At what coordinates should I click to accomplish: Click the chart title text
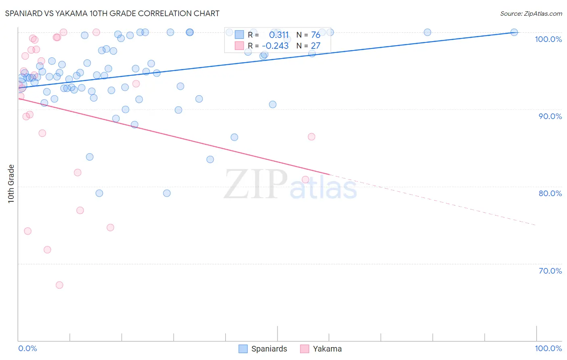[112, 13]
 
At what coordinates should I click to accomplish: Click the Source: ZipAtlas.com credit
[531, 14]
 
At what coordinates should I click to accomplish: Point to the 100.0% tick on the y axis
[548, 39]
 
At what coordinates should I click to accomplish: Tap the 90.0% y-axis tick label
[550, 116]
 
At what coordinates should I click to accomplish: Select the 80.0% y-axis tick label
[550, 193]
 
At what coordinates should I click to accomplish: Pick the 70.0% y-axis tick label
[550, 271]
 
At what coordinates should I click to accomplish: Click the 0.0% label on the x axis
[27, 348]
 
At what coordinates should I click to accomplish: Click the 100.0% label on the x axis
[548, 348]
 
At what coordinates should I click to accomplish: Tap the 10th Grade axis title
[11, 184]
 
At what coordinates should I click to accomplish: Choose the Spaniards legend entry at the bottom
[263, 349]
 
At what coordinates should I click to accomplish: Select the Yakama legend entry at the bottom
[321, 349]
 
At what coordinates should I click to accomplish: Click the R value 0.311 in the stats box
[279, 35]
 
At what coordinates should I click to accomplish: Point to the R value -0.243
[275, 46]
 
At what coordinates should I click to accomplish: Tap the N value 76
[315, 35]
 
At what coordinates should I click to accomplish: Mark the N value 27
[315, 46]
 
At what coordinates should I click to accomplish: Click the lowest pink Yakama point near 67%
[59, 285]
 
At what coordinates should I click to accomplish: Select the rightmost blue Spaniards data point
[514, 32]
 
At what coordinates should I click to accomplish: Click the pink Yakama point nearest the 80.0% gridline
[305, 180]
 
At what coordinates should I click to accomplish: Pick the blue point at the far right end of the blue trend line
[514, 32]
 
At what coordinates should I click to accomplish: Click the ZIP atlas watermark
[290, 185]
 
